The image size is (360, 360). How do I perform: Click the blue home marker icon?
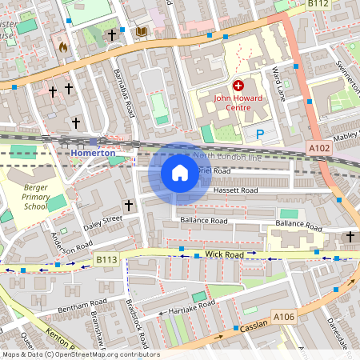(x=180, y=172)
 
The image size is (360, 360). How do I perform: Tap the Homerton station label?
(x=94, y=153)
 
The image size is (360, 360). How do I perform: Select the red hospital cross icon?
(x=238, y=85)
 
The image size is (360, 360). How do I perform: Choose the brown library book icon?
(x=142, y=31)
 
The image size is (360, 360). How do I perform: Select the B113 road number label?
(x=106, y=259)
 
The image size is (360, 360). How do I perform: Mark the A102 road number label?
(x=318, y=148)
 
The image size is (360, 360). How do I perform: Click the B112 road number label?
(x=318, y=4)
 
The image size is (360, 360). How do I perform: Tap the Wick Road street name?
(x=223, y=254)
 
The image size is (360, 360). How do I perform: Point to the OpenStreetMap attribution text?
(x=80, y=354)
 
